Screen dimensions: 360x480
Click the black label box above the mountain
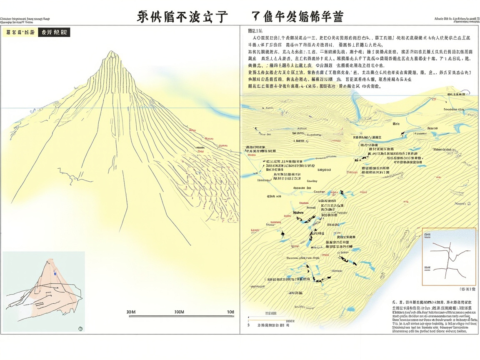54,32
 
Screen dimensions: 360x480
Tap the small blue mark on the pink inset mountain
55,273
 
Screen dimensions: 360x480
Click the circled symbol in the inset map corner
80,328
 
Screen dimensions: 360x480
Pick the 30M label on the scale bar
131,312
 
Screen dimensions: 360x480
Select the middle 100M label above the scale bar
179,312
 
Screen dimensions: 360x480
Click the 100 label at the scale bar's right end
230,312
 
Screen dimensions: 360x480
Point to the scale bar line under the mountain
181,316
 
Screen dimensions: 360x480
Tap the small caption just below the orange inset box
467,289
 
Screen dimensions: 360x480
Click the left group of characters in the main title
182,17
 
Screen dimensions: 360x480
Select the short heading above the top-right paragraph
255,30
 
